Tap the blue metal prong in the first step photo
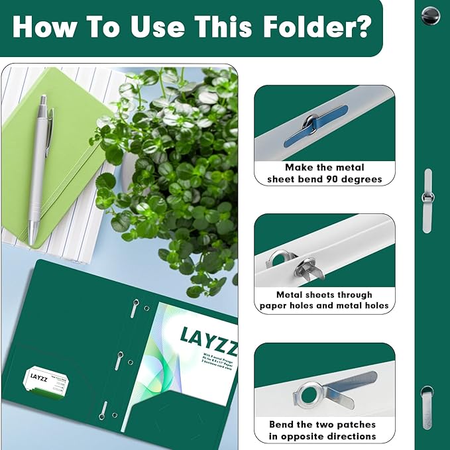click(316, 126)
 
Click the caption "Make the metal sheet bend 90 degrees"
click(325, 173)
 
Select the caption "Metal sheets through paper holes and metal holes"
click(325, 300)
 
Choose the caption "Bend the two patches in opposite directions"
click(323, 430)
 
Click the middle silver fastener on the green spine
click(427, 199)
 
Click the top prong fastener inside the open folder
click(135, 306)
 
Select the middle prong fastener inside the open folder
click(118, 359)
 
